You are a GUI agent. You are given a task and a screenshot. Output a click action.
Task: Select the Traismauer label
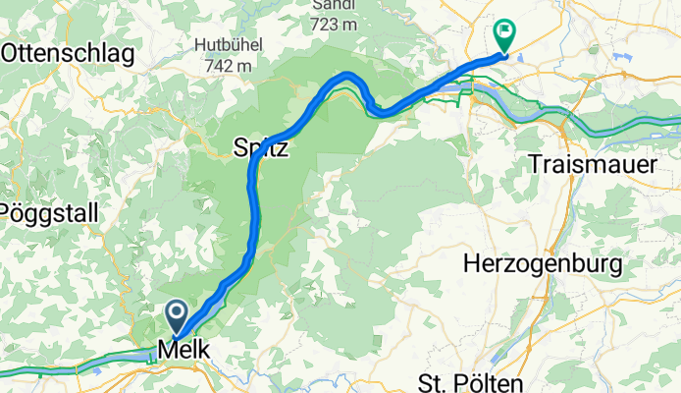point(592,164)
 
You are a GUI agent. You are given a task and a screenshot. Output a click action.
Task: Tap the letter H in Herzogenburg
point(471,264)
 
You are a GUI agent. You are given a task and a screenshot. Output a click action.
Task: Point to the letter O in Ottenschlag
point(11,54)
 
